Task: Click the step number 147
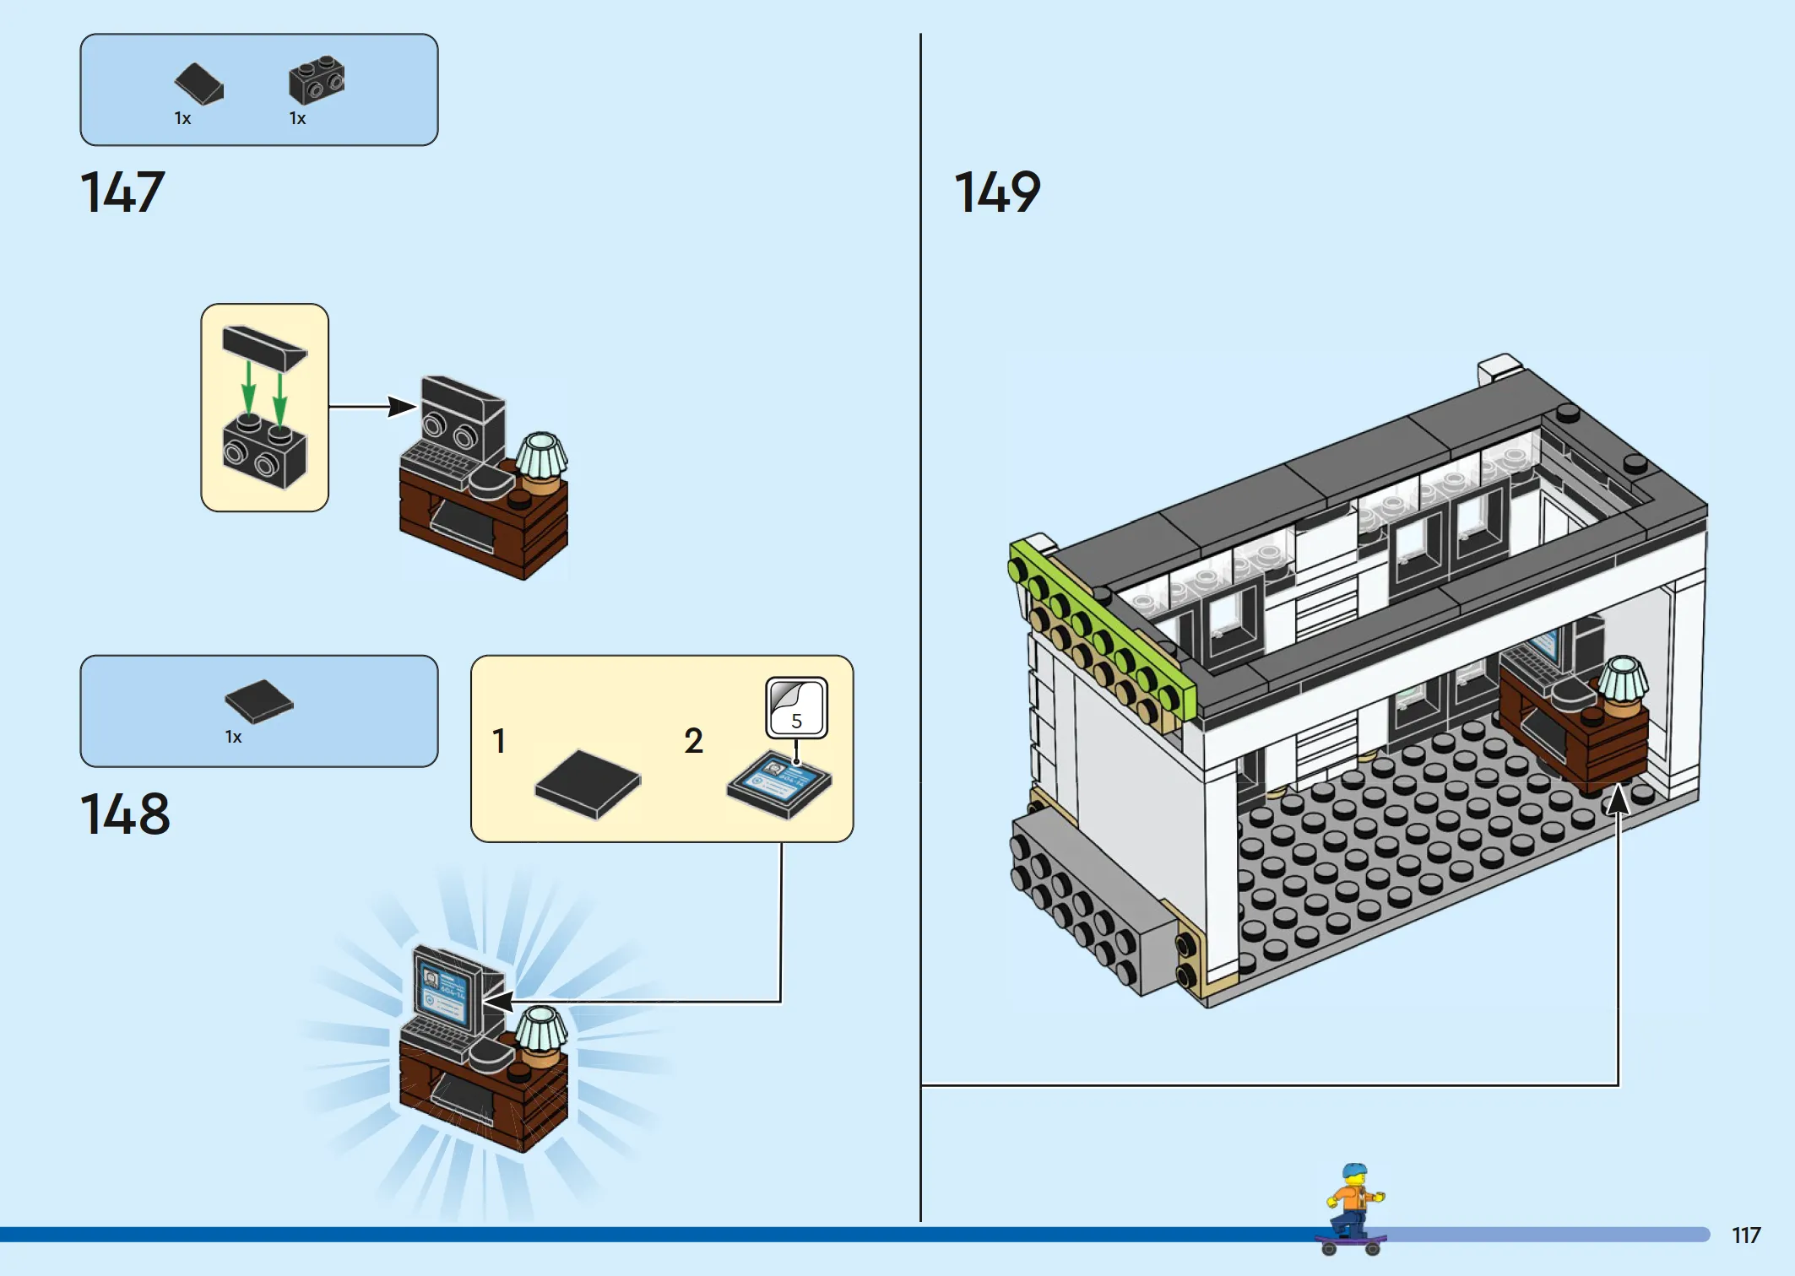click(122, 192)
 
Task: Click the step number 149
click(997, 192)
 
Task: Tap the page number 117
click(1746, 1235)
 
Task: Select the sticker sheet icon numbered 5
click(796, 707)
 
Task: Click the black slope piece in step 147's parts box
click(199, 84)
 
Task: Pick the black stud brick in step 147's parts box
click(317, 80)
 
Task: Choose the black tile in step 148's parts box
click(259, 701)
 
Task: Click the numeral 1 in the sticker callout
click(499, 741)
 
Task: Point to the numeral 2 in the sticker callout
click(693, 741)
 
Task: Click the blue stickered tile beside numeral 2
click(779, 784)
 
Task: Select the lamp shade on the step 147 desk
click(541, 455)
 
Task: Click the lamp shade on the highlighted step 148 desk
click(541, 1029)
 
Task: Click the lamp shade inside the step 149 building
click(1622, 679)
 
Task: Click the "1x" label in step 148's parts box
click(233, 738)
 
